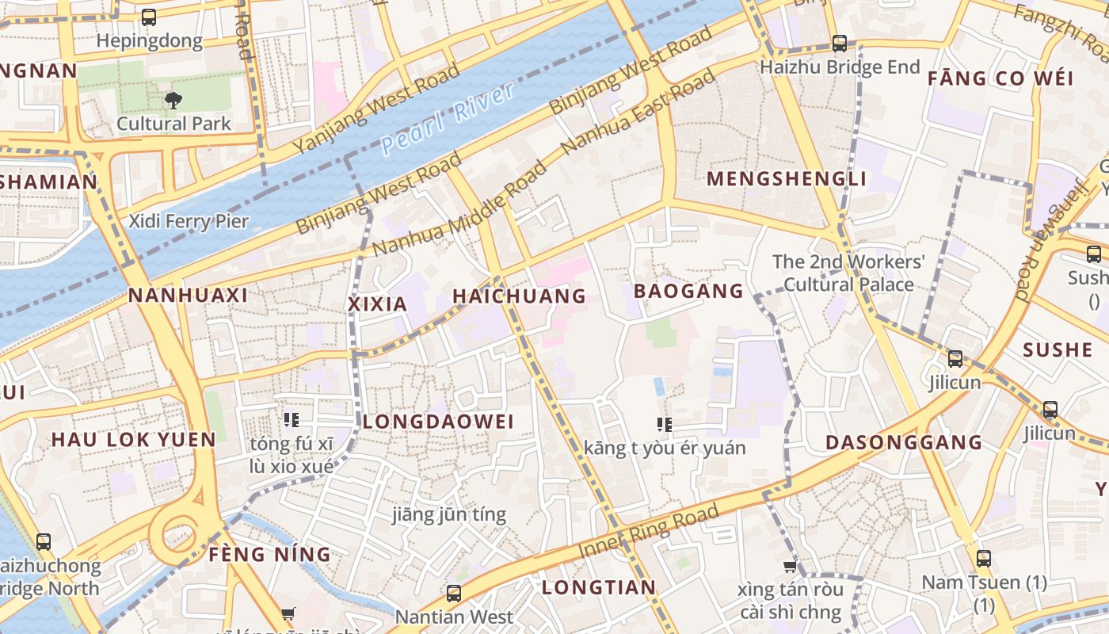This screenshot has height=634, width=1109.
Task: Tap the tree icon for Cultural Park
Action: click(173, 100)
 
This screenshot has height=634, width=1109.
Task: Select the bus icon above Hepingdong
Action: click(148, 17)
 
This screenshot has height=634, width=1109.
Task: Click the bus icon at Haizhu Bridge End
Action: click(840, 44)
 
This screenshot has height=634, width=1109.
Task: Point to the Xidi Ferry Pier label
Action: click(189, 221)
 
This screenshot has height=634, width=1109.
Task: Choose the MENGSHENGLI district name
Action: click(787, 179)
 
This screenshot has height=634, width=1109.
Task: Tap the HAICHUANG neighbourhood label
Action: click(519, 296)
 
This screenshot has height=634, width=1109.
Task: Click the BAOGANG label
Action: click(688, 292)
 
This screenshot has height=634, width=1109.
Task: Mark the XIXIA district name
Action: click(378, 304)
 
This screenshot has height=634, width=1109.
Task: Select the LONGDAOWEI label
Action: click(438, 422)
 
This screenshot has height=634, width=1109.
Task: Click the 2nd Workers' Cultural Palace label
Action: click(848, 273)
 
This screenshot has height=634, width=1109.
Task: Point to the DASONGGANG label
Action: click(904, 442)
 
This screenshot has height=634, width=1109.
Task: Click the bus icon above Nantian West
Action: click(454, 593)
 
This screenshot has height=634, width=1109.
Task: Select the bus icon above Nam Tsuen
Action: click(984, 559)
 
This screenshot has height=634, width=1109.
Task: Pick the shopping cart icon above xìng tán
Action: click(790, 566)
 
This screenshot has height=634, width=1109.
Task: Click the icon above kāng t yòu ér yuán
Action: click(665, 425)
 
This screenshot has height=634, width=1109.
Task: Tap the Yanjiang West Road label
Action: click(376, 109)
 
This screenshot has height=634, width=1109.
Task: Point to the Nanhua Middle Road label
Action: click(459, 209)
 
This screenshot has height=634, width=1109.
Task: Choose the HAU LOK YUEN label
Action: click(133, 440)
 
